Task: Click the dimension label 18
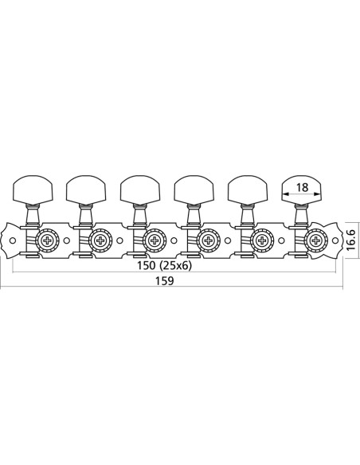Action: click(x=302, y=187)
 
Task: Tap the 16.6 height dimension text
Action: click(x=351, y=240)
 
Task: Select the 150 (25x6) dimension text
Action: click(x=164, y=265)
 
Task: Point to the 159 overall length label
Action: click(x=165, y=280)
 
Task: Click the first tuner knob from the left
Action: click(x=33, y=190)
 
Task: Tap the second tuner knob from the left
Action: click(x=86, y=190)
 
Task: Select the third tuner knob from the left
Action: click(x=140, y=190)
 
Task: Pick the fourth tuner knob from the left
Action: click(x=194, y=190)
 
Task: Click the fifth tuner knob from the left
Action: click(x=248, y=190)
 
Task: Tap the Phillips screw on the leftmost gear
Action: click(x=48, y=240)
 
